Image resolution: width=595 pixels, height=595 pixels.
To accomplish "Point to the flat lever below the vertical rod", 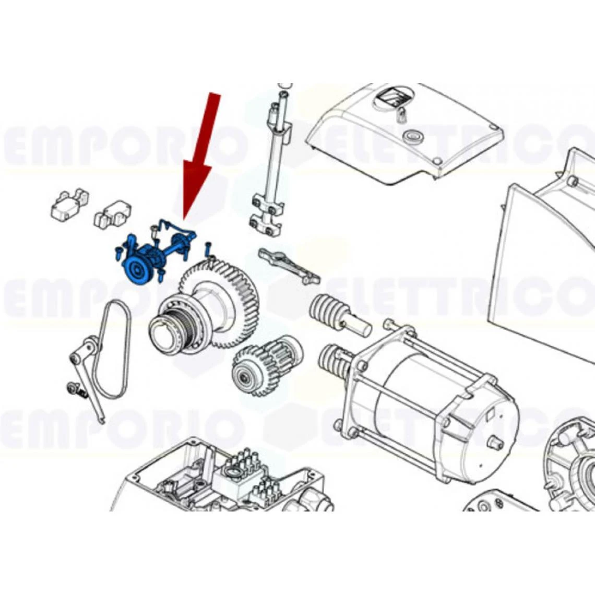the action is click(x=289, y=265).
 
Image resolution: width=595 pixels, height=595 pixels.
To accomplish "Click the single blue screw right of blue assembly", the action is click(x=208, y=248).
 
